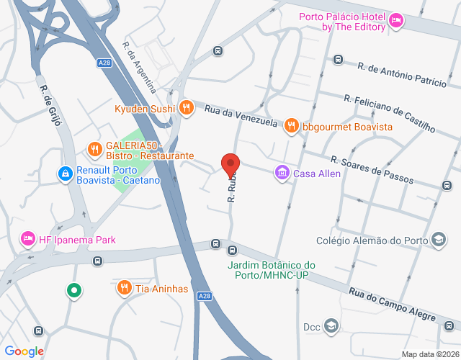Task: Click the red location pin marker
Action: (230, 165)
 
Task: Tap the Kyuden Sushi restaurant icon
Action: (186, 108)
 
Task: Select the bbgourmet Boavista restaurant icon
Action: (291, 126)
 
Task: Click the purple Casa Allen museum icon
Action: (282, 173)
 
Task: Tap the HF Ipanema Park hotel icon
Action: (29, 239)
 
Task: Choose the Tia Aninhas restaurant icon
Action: (125, 288)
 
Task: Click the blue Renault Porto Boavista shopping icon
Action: (66, 174)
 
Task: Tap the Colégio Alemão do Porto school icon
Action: (437, 240)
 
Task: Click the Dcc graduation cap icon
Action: (331, 326)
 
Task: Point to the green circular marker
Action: (73, 291)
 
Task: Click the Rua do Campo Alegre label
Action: (393, 305)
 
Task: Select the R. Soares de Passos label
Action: (372, 170)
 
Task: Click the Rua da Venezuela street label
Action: (241, 115)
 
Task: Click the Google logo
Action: (24, 351)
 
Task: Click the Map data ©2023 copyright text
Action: (429, 354)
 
